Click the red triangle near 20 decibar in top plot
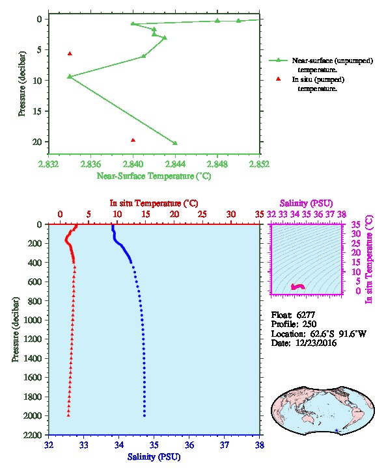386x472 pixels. [133, 140]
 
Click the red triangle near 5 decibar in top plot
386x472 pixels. [70, 53]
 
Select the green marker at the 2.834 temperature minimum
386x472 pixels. [70, 77]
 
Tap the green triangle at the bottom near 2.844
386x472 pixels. [175, 143]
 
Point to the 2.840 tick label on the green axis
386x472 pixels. [133, 164]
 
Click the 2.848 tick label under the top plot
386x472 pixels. [217, 164]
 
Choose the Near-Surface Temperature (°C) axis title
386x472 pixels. [154, 176]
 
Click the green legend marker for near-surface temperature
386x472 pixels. [278, 60]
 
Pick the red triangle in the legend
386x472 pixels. [278, 79]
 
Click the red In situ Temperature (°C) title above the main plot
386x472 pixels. [154, 203]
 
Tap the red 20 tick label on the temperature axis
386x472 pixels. [174, 215]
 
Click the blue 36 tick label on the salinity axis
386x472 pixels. [189, 445]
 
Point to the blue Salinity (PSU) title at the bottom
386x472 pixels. [154, 457]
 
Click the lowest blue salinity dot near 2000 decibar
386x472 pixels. [145, 415]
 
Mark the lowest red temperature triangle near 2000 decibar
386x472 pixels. [68, 415]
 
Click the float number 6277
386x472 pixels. [305, 315]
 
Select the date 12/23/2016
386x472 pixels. [316, 343]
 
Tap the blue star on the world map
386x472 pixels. [337, 430]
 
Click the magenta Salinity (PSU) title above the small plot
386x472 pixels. [306, 203]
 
